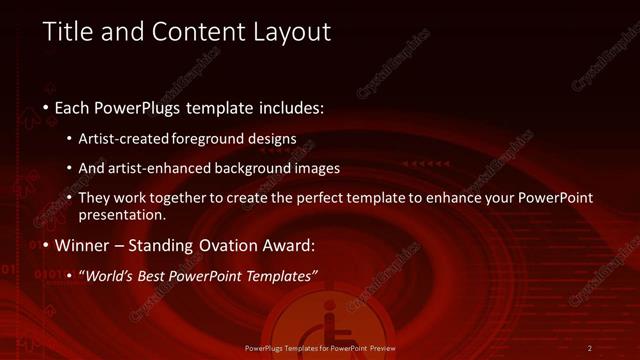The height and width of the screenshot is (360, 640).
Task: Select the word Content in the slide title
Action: click(187, 32)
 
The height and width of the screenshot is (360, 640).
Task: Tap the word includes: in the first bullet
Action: click(288, 107)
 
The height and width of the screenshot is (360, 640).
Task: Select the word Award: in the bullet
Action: click(292, 245)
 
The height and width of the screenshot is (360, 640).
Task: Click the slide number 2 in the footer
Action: click(590, 348)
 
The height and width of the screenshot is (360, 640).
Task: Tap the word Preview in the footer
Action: click(379, 348)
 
